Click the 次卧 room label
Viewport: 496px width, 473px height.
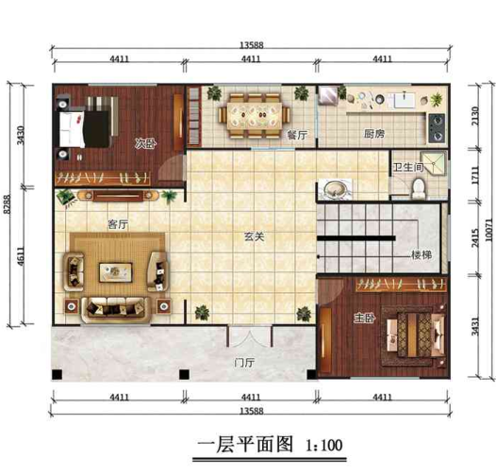point(143,144)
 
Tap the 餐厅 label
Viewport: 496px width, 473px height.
point(298,135)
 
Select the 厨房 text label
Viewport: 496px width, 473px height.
point(374,135)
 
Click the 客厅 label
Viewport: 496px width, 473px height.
point(117,225)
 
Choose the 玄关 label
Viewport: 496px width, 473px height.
point(253,236)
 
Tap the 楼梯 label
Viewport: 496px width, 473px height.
point(422,255)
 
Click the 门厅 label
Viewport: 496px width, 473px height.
point(247,362)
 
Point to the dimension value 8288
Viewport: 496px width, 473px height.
point(8,232)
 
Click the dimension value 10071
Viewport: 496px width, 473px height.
point(488,232)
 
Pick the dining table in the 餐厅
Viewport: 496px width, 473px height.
point(253,113)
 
